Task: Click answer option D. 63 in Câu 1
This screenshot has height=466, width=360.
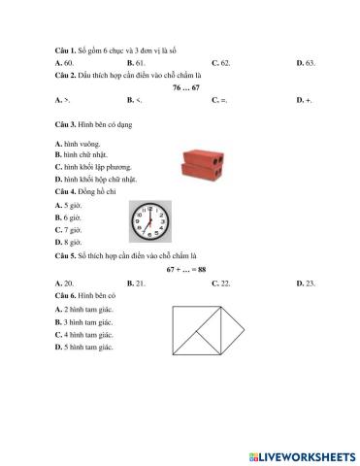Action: point(306,60)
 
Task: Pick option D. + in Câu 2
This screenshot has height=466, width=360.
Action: point(306,99)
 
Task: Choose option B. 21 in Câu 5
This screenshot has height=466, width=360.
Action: point(135,282)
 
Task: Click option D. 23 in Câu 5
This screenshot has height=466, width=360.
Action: point(306,282)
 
